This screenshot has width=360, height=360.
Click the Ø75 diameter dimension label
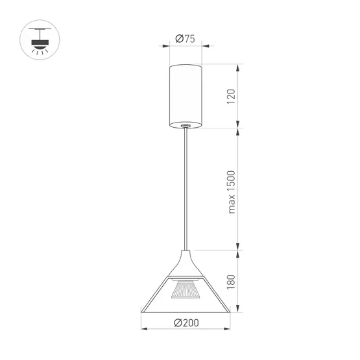(x=186, y=39)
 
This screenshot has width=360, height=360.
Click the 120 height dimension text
(x=232, y=96)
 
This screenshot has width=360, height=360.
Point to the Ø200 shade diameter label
(x=186, y=322)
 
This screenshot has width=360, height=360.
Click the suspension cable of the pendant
(x=187, y=188)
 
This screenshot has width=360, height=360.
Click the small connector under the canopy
(x=186, y=126)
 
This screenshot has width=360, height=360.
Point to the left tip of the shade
(x=143, y=307)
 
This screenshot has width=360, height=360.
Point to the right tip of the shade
(x=230, y=307)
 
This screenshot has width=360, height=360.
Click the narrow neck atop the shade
(x=187, y=254)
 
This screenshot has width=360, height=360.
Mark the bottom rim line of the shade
(x=186, y=308)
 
